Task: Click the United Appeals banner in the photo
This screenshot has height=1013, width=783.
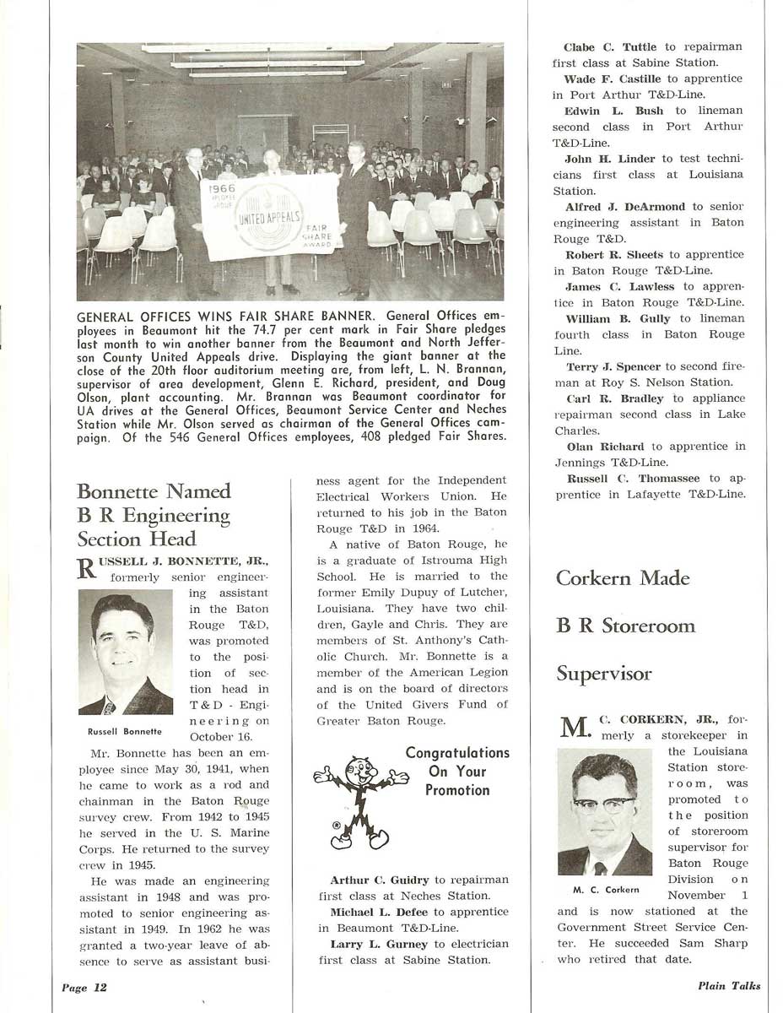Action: coord(270,219)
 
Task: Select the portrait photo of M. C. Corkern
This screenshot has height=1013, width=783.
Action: coord(604,811)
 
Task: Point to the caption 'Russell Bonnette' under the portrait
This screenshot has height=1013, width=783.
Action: coord(125,730)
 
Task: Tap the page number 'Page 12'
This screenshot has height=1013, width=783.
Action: coord(84,987)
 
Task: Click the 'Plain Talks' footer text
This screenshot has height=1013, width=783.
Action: coord(729,986)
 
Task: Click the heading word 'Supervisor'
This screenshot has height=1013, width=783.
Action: coord(603,674)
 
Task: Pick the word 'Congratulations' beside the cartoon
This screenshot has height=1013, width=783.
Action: coord(457,752)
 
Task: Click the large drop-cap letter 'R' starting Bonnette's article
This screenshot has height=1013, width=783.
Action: coord(87,568)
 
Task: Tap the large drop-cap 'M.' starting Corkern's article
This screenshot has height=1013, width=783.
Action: coord(575,728)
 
